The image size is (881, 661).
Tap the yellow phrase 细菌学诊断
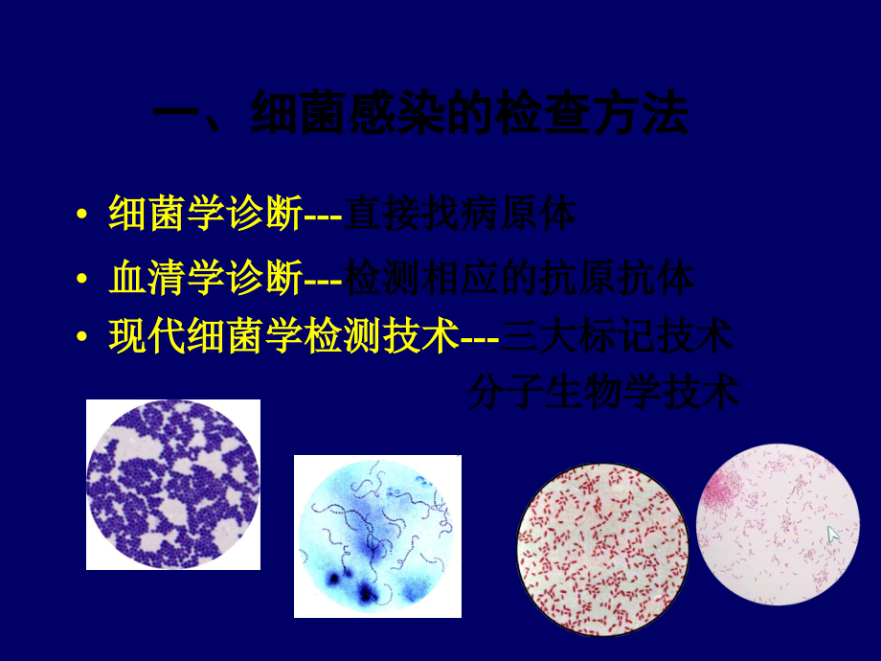pyautogui.click(x=205, y=214)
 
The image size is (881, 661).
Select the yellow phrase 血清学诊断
pyautogui.click(x=205, y=279)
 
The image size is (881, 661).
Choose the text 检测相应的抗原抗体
pyautogui.click(x=519, y=279)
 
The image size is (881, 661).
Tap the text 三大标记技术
pyautogui.click(x=618, y=336)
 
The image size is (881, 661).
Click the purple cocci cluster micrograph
pyautogui.click(x=173, y=484)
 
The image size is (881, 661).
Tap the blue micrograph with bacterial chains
pyautogui.click(x=377, y=536)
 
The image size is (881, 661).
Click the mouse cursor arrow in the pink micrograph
pyautogui.click(x=833, y=534)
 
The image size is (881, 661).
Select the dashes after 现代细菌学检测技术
pyautogui.click(x=481, y=337)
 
